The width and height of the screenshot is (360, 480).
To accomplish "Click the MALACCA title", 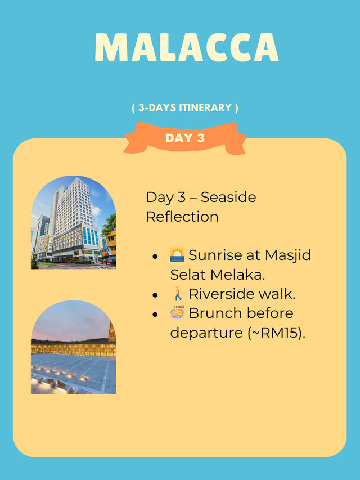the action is click(187, 47).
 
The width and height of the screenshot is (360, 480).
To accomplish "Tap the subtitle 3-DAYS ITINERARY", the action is click(185, 107).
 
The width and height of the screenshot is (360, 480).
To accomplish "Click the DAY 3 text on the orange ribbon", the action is click(185, 138).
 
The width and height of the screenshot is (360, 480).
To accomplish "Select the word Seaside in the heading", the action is click(228, 197).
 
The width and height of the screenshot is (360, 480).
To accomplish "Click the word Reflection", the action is click(182, 217).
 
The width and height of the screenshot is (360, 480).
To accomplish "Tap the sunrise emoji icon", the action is click(177, 255).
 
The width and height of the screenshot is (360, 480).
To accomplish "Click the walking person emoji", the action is click(178, 294).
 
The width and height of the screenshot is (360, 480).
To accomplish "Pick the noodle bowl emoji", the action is click(177, 312).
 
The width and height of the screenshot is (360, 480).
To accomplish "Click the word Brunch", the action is click(216, 313).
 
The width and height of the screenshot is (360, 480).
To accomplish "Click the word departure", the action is click(206, 333).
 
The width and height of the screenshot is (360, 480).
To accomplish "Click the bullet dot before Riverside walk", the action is click(155, 295).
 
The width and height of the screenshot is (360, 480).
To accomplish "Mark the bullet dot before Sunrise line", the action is click(155, 256).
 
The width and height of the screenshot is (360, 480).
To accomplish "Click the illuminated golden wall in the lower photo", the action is click(74, 349).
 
